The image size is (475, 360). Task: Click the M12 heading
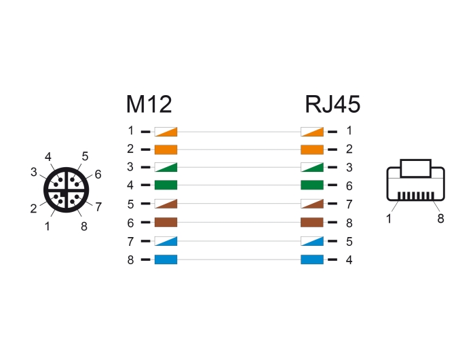pyautogui.click(x=149, y=105)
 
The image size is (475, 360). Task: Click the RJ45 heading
pyautogui.click(x=332, y=105)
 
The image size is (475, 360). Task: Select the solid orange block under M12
pyautogui.click(x=166, y=149)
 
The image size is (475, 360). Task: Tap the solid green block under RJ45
pyautogui.click(x=312, y=185)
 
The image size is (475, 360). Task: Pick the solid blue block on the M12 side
pyautogui.click(x=166, y=259)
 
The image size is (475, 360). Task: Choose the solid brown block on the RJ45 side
pyautogui.click(x=312, y=222)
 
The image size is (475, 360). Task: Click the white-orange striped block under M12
pyautogui.click(x=166, y=132)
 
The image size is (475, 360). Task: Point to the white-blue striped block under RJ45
pyautogui.click(x=312, y=241)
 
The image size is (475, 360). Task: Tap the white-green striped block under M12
pyautogui.click(x=166, y=167)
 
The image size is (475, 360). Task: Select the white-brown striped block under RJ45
pyautogui.click(x=312, y=204)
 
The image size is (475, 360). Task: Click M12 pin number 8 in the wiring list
pyautogui.click(x=130, y=260)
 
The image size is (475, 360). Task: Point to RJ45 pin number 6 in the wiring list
pyautogui.click(x=349, y=185)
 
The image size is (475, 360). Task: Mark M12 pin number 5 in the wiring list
pyautogui.click(x=130, y=204)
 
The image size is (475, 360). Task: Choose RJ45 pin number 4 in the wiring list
pyautogui.click(x=349, y=260)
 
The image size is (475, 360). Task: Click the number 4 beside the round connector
pyautogui.click(x=48, y=157)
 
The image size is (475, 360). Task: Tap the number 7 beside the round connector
pyautogui.click(x=98, y=207)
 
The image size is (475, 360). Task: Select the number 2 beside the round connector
pyautogui.click(x=34, y=209)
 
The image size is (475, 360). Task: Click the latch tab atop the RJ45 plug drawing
pyautogui.click(x=415, y=168)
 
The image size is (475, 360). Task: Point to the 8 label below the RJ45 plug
pyautogui.click(x=441, y=218)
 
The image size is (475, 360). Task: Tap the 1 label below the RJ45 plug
pyautogui.click(x=389, y=218)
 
